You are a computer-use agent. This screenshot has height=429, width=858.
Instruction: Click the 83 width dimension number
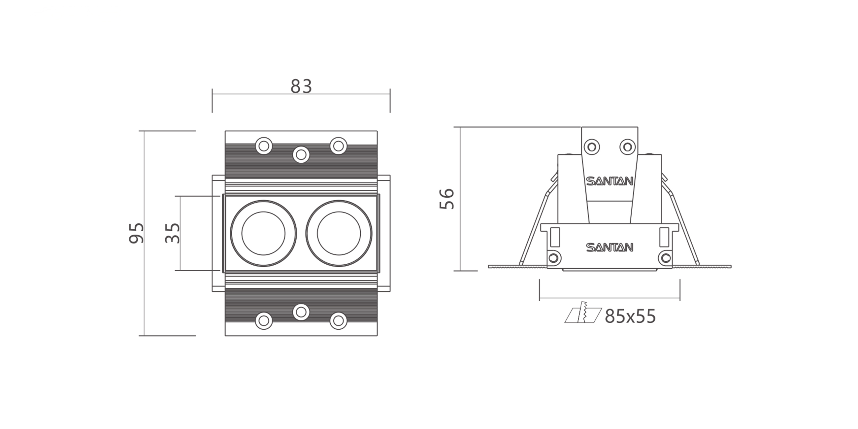tap(301, 86)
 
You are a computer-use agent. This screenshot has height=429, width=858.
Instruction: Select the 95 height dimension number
tap(137, 233)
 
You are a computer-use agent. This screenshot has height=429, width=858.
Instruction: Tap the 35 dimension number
tap(173, 233)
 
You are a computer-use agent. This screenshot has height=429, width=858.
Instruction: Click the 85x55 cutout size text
tap(630, 316)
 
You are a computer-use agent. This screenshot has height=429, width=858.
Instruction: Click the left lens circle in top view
tap(263, 233)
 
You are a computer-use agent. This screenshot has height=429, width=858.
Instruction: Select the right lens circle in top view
tap(339, 233)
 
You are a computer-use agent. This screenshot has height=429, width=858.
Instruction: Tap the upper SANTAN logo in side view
tap(610, 181)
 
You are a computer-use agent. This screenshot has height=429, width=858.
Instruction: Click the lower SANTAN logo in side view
tap(610, 247)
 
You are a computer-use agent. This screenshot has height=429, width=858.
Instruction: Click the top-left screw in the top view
tap(264, 146)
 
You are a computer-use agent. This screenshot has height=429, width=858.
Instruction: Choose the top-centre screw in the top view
tap(301, 154)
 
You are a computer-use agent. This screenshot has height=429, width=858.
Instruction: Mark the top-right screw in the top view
tap(338, 146)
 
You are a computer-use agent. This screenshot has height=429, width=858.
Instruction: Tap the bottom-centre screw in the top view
tap(301, 312)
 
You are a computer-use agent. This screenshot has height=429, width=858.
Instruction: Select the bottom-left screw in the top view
tap(264, 321)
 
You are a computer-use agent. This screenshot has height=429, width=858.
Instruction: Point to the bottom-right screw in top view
tap(338, 321)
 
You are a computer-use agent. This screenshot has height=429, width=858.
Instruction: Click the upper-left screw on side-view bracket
tap(592, 147)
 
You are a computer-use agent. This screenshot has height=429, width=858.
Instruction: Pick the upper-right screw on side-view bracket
tap(628, 147)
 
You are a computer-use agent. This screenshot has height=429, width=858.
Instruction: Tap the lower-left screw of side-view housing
tap(553, 257)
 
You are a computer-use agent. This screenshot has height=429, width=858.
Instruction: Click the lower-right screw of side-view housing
tap(666, 257)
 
